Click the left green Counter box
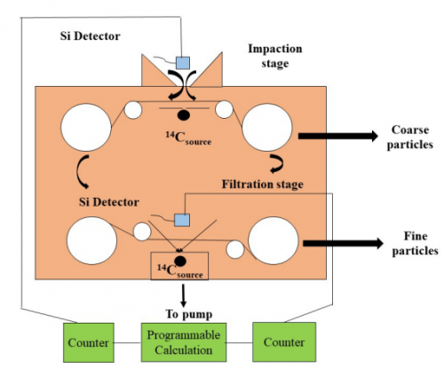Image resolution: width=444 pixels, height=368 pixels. coord(89,342)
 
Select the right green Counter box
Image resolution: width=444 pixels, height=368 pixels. coord(284,342)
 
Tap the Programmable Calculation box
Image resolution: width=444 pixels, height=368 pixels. coord(184,342)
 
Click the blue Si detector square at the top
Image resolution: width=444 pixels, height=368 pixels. coord(183,63)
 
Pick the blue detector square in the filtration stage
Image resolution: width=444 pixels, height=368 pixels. coord(182,220)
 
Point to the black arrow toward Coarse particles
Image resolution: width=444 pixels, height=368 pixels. coord(338,136)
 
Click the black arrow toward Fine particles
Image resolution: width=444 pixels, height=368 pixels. coord(343,243)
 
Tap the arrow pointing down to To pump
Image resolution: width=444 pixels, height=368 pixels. coord(183,295)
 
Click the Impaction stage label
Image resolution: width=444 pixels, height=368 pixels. coord(275,56)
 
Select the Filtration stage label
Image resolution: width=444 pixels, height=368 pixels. coord(263,184)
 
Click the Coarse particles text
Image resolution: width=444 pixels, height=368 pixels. coord(410,137)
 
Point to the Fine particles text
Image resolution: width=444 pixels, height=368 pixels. coord(415,243)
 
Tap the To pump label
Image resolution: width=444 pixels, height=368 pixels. coord(189,314)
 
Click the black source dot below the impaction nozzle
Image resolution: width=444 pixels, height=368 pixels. coord(184,115)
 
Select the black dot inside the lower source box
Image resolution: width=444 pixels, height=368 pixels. coord(180,261)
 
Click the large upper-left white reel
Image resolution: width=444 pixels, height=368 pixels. coord(86,128)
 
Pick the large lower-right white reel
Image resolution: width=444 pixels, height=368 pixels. coord(274,240)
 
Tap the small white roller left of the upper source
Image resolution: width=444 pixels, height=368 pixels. coord(133,110)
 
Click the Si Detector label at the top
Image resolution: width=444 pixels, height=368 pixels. coord(91,36)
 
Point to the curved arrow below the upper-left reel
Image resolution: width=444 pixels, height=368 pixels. coord(79,171)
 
